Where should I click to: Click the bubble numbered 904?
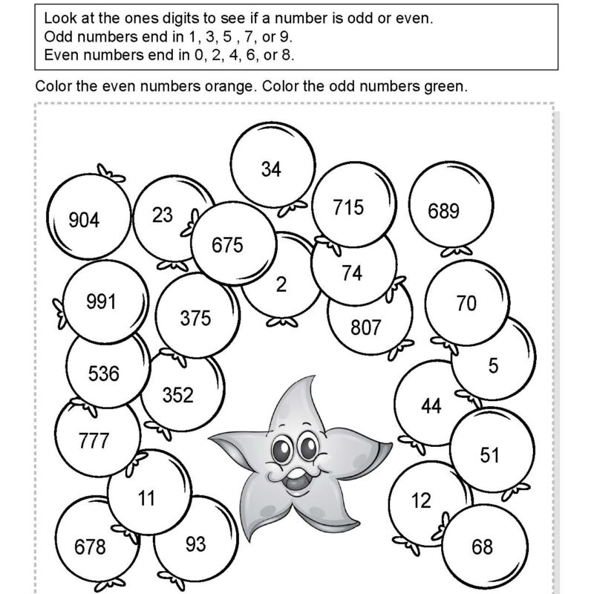pos(83,220)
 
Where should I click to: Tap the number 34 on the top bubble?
pos(271,169)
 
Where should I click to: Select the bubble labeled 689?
pos(443,211)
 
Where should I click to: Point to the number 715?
pos(348,207)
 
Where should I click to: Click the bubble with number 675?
pos(227,245)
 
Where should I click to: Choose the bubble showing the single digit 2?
pos(281,285)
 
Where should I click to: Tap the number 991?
pos(101,301)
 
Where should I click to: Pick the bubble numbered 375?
pos(195,319)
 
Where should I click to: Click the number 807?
pos(365,327)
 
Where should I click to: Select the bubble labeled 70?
pos(466,304)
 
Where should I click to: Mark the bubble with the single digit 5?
pos(494,365)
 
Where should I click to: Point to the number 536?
pos(103,373)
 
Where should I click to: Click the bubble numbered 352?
pos(177,395)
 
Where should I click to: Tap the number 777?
pos(94,442)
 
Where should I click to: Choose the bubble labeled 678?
pos(90,548)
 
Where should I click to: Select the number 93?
pos(195,544)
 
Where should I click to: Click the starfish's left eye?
pos(284,448)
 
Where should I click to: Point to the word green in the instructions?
pos(447,86)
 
